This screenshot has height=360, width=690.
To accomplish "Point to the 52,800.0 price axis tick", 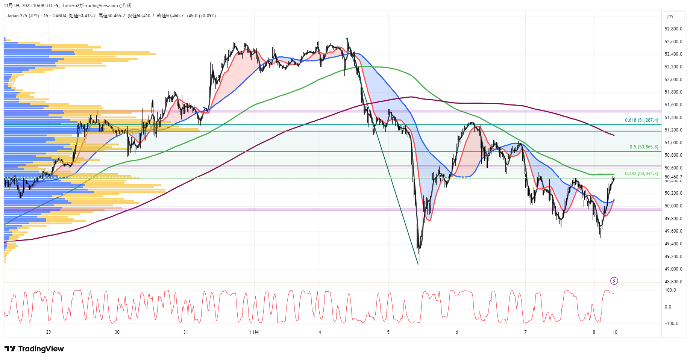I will (x=673, y=29).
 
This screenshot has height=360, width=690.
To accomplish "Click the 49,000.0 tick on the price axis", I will (x=673, y=269).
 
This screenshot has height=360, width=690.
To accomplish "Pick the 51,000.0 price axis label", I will (x=673, y=143).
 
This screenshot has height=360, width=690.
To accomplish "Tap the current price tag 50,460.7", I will (x=673, y=177).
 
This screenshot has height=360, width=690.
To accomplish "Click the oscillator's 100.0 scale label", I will (x=670, y=290).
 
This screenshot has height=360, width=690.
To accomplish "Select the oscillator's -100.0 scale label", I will (x=671, y=324).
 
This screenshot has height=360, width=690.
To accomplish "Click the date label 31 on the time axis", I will (x=185, y=332).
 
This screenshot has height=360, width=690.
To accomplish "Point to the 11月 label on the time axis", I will (x=254, y=332).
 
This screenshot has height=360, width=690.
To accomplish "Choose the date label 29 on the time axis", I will (x=49, y=332).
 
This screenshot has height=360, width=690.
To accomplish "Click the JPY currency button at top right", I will (x=670, y=17).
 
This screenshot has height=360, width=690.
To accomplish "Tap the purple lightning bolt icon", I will (x=614, y=281).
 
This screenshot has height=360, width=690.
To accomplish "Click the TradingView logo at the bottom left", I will (x=34, y=349).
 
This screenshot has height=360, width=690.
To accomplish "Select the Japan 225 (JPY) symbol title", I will (x=23, y=16).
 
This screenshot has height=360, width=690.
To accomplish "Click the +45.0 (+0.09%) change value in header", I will (x=201, y=16).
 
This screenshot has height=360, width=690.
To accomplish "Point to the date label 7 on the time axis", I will (x=525, y=332).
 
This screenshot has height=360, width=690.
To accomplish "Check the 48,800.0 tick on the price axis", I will (x=673, y=282).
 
